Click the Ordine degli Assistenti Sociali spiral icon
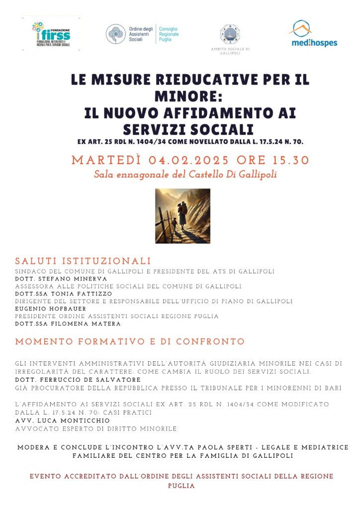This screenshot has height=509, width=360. coord(115,34)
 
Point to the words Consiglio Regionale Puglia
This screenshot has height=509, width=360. coord(169,34)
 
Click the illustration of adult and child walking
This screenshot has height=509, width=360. coord(182,216)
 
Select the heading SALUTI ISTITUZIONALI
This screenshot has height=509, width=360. coord(83,261)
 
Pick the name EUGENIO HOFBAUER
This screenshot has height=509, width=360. coord(50,309)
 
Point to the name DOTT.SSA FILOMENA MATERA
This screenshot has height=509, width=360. coord(68,324)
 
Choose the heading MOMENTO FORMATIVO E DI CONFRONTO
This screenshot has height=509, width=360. coord(130,342)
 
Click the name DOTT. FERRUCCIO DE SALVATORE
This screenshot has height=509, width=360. coord(78,380)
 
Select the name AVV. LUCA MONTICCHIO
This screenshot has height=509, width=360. coord(62,421)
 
